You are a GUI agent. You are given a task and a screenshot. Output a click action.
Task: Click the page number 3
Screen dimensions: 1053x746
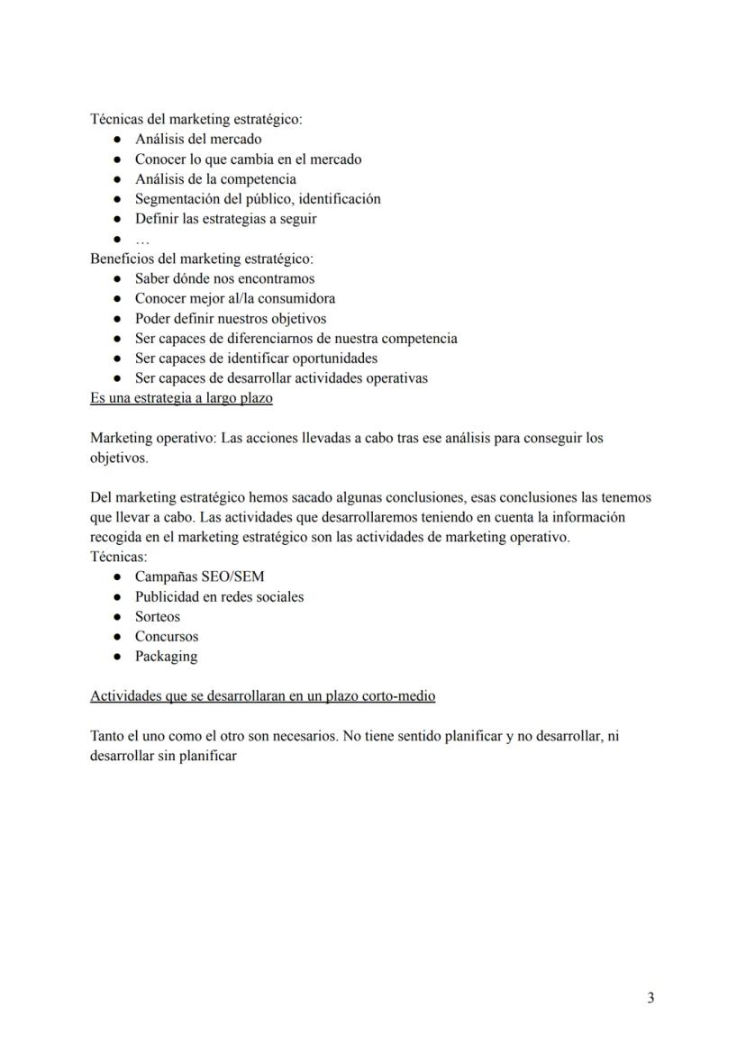(x=650, y=997)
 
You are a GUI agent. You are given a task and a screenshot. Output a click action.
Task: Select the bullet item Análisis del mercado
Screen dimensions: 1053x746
(x=198, y=139)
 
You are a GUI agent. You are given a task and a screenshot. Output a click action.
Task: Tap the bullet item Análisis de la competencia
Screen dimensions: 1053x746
(x=215, y=178)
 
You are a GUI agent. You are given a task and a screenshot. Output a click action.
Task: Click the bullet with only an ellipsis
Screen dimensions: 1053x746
(x=141, y=240)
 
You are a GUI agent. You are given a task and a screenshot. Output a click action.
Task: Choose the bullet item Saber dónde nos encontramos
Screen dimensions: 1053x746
(x=224, y=278)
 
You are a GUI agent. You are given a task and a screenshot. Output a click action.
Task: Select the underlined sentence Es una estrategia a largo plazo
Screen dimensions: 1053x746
(x=181, y=397)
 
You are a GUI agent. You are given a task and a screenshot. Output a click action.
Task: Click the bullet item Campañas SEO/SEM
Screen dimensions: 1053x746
(x=199, y=576)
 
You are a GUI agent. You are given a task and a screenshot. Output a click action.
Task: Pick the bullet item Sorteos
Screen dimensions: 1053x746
(x=158, y=616)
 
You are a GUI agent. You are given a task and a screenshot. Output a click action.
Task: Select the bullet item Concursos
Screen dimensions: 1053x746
(x=167, y=636)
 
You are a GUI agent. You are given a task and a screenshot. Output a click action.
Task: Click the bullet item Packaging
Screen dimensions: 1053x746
(x=166, y=656)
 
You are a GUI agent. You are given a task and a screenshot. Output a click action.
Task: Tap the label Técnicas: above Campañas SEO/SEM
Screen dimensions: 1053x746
(x=118, y=557)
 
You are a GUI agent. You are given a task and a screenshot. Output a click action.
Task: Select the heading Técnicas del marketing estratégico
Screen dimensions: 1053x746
(x=196, y=119)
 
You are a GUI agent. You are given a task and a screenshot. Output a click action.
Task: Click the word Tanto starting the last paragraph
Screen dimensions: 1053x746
(x=108, y=736)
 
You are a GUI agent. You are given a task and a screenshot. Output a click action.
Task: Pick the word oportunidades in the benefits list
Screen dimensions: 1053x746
(x=329, y=358)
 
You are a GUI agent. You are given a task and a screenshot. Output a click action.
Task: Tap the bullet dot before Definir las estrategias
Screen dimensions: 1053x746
(x=117, y=219)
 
